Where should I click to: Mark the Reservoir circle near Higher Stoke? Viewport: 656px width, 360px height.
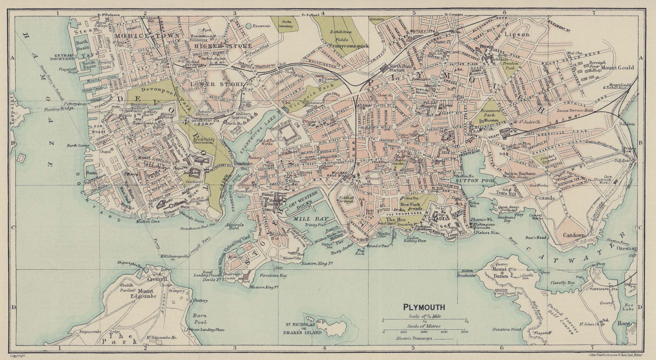coord(248,26)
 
